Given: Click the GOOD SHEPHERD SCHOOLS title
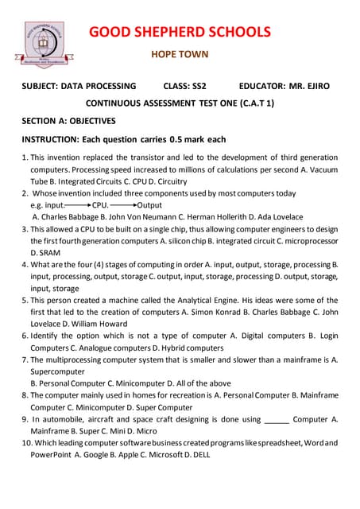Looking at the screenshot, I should [x=179, y=32].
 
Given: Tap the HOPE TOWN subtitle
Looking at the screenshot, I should [x=180, y=55].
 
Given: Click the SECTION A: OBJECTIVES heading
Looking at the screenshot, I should [x=68, y=121].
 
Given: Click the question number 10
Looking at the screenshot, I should [x=24, y=443].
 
